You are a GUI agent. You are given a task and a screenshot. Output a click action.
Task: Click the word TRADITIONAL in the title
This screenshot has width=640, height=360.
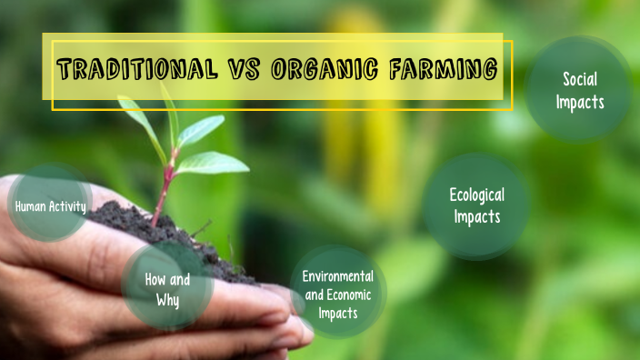[135, 68]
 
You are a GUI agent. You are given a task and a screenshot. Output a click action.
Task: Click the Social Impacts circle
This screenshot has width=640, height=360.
[579, 90]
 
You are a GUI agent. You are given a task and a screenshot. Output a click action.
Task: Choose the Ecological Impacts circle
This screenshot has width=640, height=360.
[475, 205]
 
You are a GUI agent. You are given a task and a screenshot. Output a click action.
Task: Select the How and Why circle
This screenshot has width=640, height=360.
[167, 289]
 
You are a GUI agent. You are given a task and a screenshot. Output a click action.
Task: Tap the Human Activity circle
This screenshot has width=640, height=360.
[50, 205]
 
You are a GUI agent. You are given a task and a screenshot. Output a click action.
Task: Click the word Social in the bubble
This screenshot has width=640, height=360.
[580, 79]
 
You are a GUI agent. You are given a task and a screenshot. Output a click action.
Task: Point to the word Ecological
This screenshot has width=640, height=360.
[476, 195]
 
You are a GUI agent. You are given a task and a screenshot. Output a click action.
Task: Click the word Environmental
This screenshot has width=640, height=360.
[338, 275]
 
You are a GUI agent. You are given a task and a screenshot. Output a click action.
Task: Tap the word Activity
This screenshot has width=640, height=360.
[69, 206]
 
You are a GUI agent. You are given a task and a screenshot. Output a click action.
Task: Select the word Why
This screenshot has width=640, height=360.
[167, 299]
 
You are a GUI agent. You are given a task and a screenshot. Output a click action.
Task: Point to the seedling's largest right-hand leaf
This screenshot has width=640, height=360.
[213, 164]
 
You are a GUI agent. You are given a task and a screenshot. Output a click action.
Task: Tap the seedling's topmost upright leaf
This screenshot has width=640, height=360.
[170, 114]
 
